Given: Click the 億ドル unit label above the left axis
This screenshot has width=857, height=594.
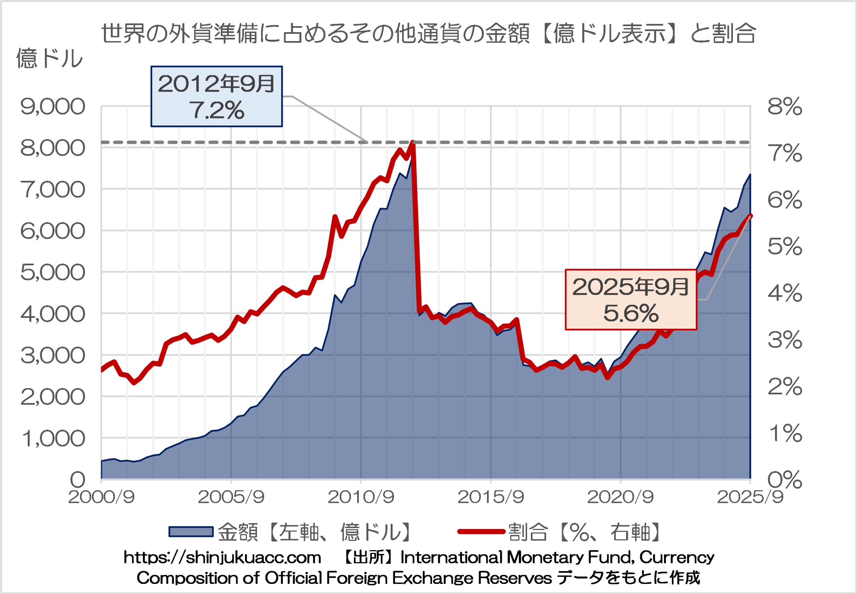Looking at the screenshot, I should [49, 59].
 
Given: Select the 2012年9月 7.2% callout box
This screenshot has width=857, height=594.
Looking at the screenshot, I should [216, 96].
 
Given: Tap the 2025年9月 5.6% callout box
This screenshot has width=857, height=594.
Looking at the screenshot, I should [631, 300].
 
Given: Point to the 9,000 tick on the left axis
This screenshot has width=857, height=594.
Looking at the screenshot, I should [53, 107].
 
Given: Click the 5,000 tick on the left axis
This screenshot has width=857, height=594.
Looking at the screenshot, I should [53, 273].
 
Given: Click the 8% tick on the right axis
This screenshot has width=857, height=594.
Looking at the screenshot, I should [784, 107].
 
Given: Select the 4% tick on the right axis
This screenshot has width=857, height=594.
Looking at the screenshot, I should [784, 293].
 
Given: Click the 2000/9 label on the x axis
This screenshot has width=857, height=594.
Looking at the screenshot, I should [101, 497].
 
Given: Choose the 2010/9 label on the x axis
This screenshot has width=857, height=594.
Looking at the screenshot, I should [361, 497].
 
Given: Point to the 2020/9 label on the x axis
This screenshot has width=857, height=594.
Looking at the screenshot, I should [620, 497].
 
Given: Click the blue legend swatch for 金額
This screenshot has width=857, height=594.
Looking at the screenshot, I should [191, 531].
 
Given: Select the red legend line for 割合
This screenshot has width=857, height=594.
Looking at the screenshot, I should [481, 531].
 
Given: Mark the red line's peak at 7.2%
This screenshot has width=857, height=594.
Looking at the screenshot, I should [412, 142].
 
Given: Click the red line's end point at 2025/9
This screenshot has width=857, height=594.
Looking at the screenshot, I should [750, 216].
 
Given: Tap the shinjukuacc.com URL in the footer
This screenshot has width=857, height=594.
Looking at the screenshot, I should [222, 558].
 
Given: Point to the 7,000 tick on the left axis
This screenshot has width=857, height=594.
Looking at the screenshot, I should [53, 190].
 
